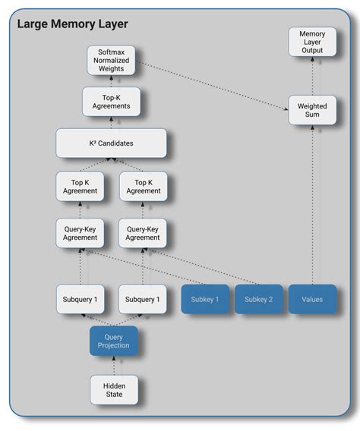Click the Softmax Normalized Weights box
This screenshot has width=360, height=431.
click(111, 61)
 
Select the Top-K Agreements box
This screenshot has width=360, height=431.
click(111, 102)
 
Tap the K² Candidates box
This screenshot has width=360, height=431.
click(111, 143)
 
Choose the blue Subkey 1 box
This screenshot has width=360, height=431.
click(205, 299)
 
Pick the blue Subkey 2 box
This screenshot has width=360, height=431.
click(258, 299)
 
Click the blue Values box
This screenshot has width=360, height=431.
click(311, 299)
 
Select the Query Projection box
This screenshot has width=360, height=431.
click(114, 341)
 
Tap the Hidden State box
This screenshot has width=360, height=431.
click(114, 390)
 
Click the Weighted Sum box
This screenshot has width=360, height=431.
click(311, 110)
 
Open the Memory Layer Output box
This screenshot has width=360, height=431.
click(311, 42)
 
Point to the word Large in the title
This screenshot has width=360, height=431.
click(34, 24)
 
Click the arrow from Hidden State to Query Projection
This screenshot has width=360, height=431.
click(114, 365)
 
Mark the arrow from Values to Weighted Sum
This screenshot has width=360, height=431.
click(311, 205)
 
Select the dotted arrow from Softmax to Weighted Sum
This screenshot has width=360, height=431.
click(213, 85)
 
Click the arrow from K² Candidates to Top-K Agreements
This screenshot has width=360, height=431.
click(111, 122)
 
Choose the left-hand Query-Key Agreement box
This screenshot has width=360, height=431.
click(80, 233)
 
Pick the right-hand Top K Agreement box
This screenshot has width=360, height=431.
click(143, 187)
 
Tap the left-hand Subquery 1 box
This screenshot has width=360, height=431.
click(80, 299)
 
